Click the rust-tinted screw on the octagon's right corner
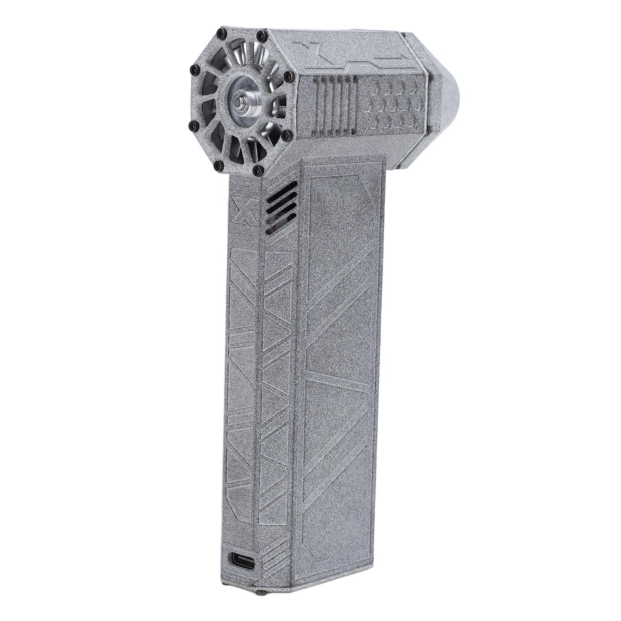pos(287,76)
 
